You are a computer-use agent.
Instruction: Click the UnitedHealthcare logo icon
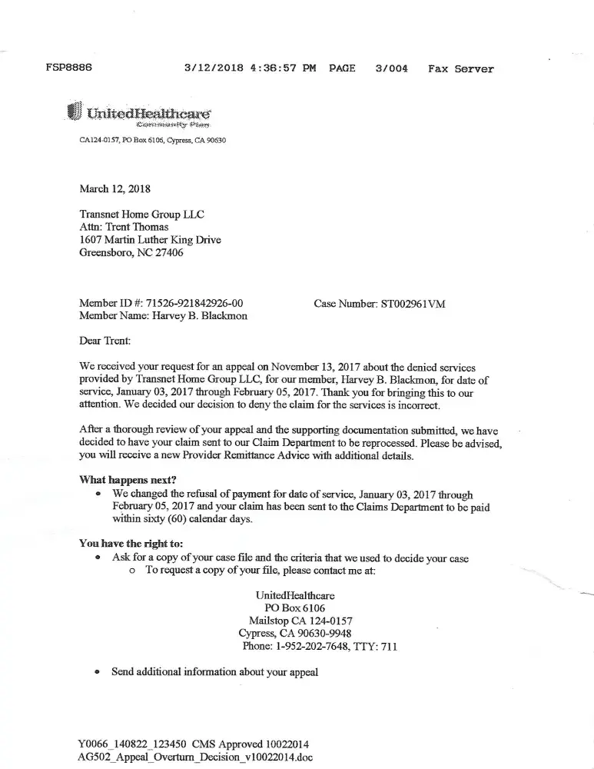[75, 112]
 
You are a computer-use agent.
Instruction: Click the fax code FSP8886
[69, 68]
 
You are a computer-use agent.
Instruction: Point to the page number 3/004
[391, 68]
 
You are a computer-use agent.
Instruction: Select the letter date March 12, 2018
[115, 188]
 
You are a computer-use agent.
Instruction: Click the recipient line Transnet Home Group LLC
[142, 215]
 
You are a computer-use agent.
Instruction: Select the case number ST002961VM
[413, 304]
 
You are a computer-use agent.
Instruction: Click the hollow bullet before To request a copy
[133, 571]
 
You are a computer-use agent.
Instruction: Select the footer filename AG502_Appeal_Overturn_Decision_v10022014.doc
[195, 756]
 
